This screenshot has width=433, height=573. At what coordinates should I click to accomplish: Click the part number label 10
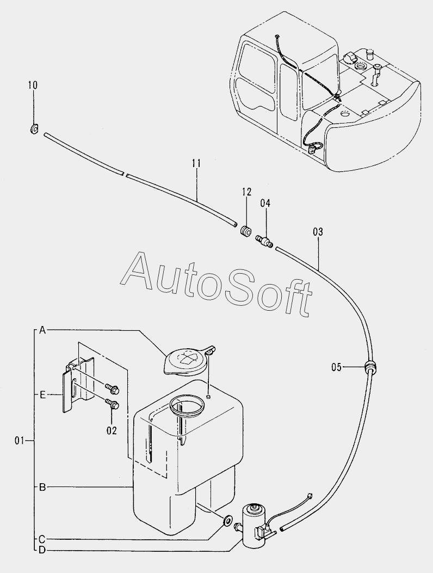(x=33, y=85)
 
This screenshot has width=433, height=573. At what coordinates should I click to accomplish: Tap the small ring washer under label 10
(x=33, y=129)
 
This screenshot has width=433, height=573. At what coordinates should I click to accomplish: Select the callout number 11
(x=196, y=163)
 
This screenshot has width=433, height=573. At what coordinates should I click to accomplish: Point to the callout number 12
(x=247, y=191)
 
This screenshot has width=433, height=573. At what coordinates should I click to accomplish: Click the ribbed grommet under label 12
(x=246, y=231)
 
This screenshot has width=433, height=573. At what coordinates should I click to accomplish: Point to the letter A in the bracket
(x=42, y=330)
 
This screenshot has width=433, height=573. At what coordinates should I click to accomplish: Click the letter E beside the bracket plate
(x=42, y=395)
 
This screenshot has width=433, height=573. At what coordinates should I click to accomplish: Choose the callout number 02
(x=112, y=429)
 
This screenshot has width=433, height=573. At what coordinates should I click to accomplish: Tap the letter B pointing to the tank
(x=42, y=487)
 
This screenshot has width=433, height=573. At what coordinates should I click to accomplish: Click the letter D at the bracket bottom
(x=42, y=550)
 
